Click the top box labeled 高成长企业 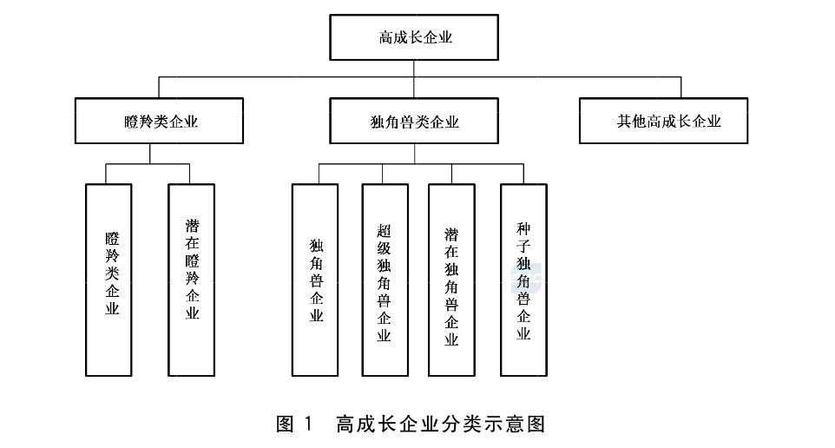[414, 37]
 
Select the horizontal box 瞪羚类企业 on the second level [159, 121]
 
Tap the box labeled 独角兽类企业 [414, 121]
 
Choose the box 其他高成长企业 [663, 121]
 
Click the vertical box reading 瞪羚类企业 [108, 280]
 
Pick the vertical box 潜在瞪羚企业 [191, 280]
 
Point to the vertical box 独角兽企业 [315, 280]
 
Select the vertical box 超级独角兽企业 [385, 280]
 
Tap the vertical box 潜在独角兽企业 [451, 280]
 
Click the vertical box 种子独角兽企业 [523, 280]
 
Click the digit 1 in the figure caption [309, 424]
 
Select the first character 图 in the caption [285, 424]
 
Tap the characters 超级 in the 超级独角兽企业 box [384, 240]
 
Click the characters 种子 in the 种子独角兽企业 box [523, 238]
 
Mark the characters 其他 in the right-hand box [632, 122]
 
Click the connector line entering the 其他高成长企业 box [680, 88]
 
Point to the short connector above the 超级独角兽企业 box [382, 174]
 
